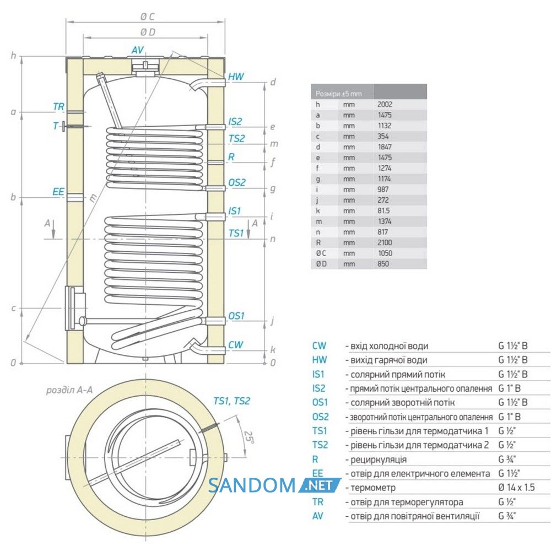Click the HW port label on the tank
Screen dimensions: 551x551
click(236, 77)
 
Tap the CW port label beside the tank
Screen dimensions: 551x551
click(235, 345)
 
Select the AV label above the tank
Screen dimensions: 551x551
click(138, 50)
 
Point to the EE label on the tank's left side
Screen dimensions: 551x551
click(58, 192)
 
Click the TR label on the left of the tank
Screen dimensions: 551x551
click(59, 106)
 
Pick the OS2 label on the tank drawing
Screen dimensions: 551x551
click(237, 182)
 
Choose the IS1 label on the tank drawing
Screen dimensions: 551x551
click(234, 211)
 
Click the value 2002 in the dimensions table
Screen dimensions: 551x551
click(385, 104)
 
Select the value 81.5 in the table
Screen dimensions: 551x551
click(383, 211)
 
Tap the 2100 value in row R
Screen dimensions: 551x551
click(385, 242)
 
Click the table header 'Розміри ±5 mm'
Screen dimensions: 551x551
click(338, 94)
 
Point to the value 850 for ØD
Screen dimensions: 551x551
click(383, 264)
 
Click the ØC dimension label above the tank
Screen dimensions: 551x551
click(147, 17)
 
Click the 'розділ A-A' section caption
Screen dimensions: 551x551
click(69, 390)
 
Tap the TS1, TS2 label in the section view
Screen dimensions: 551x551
click(231, 401)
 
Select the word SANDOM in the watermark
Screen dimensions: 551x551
click(252, 485)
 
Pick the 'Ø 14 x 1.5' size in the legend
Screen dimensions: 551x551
click(517, 488)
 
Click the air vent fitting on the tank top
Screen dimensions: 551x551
click(145, 66)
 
